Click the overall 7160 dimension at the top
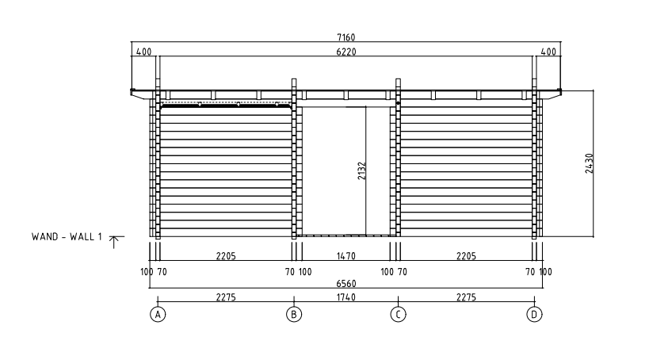[346, 36]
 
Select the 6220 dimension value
[346, 52]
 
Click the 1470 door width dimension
[345, 256]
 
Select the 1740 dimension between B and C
[345, 297]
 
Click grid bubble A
[158, 314]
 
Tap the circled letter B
[294, 314]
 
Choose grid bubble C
[398, 314]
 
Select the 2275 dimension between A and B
[226, 297]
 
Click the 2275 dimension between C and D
[466, 297]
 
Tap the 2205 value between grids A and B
[226, 256]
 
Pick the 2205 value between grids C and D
[466, 256]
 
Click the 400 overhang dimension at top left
[144, 52]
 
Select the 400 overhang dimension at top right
[548, 52]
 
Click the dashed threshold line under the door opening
[345, 236]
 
